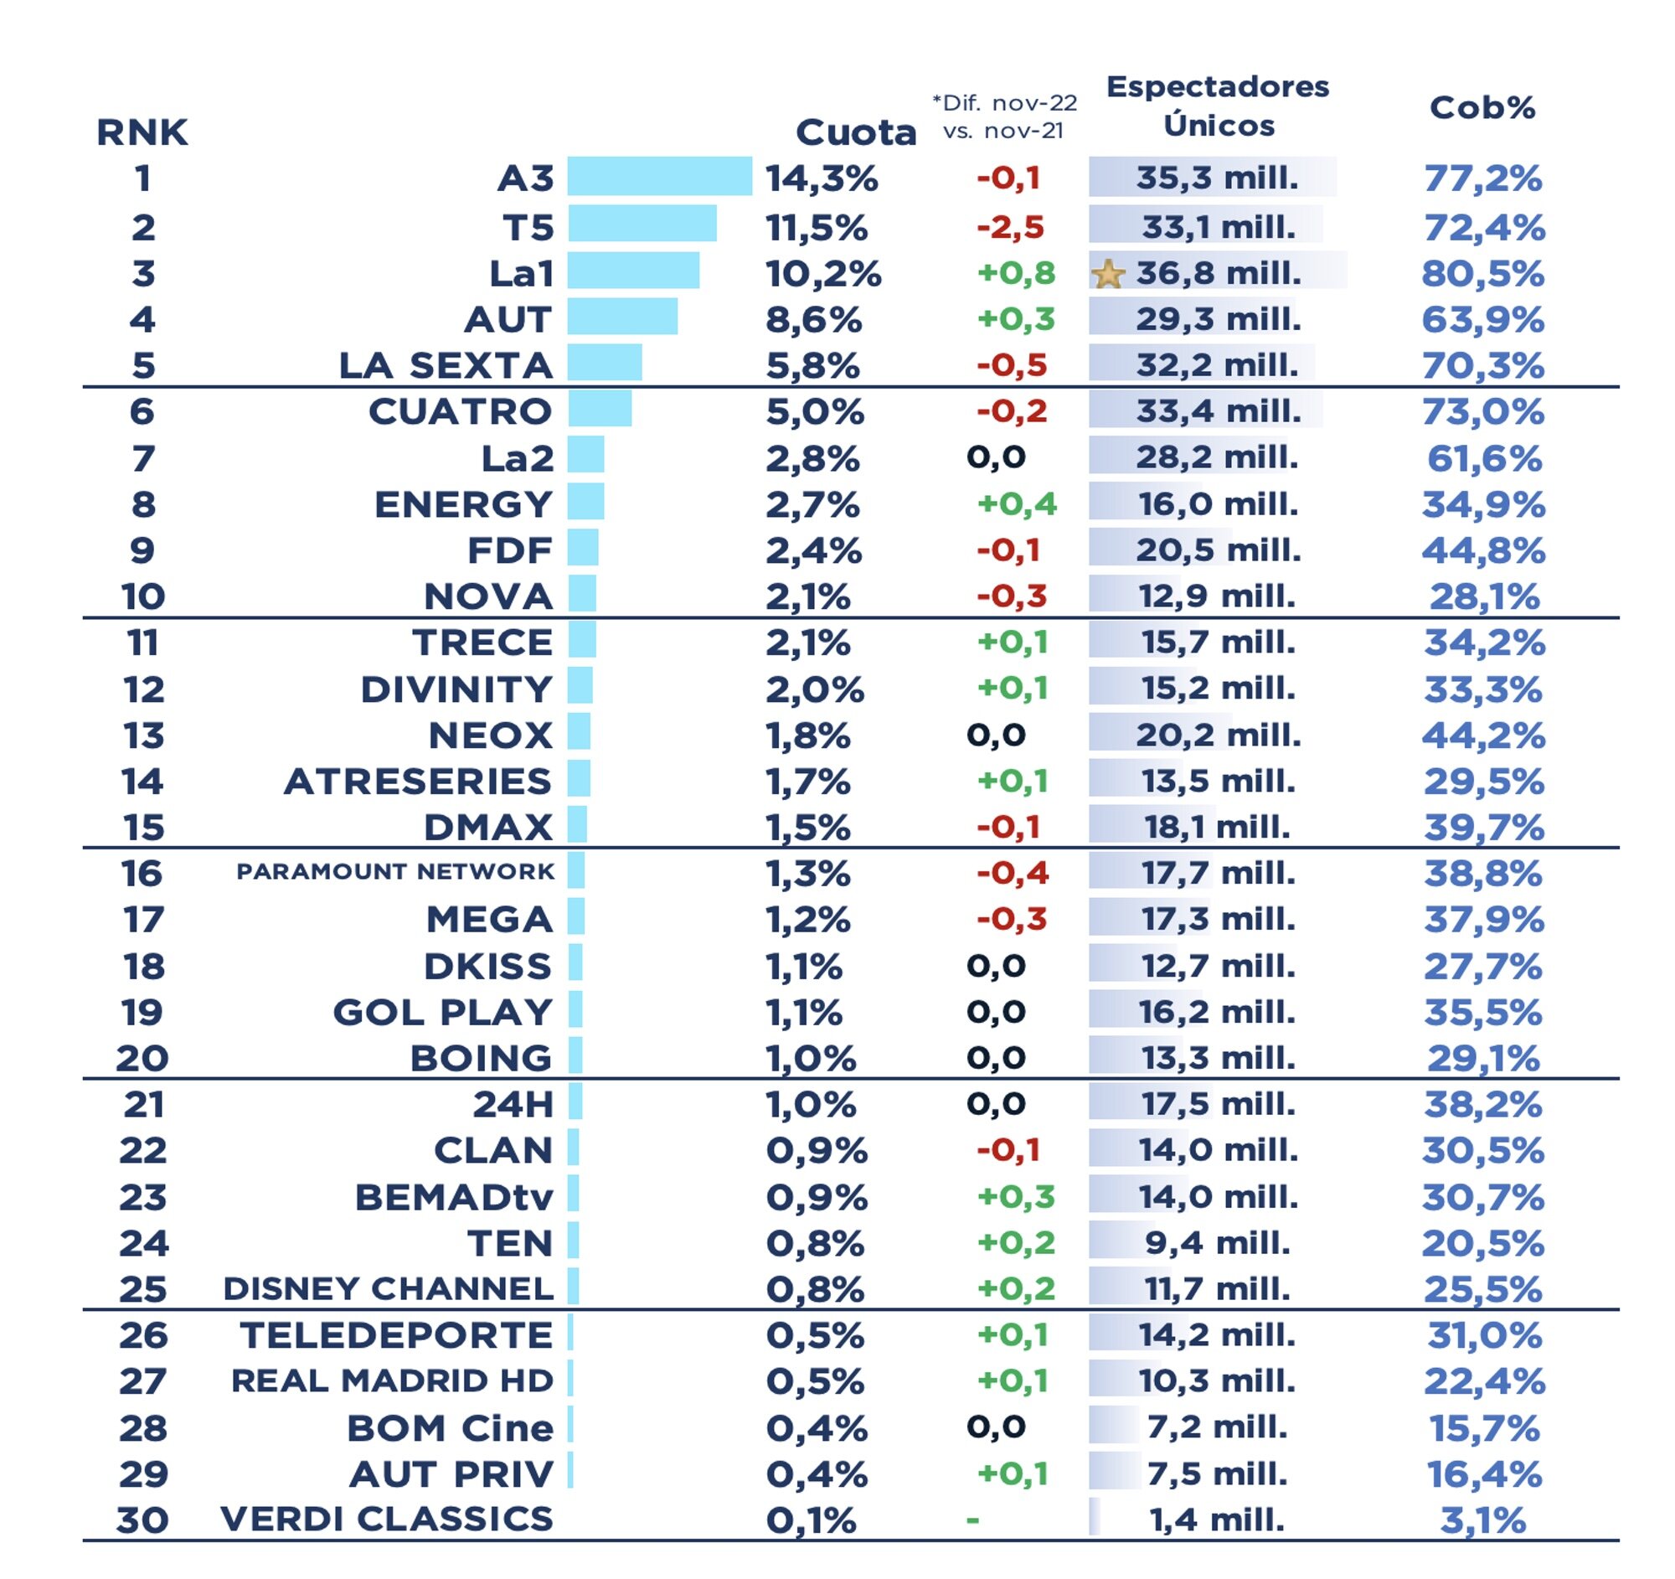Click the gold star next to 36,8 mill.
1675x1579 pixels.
(1108, 275)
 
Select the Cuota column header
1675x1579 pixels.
(855, 132)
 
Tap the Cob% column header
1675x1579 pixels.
(1482, 108)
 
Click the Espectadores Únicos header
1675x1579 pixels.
(1218, 106)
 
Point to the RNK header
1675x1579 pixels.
(142, 132)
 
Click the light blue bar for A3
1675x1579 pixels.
(659, 176)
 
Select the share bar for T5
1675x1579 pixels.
(642, 224)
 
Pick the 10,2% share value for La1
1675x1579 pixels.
(822, 274)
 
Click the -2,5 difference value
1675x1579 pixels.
(1009, 228)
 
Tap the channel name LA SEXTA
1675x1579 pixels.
(446, 366)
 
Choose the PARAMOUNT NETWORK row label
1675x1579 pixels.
(395, 871)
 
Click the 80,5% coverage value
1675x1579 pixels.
(1482, 274)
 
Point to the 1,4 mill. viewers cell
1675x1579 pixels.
(1217, 1520)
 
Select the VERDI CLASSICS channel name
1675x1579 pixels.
(387, 1520)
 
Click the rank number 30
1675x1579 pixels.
(142, 1520)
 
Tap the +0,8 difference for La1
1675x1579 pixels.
(1015, 274)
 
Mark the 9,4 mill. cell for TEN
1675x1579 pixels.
(1217, 1243)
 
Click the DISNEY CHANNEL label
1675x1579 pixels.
(389, 1289)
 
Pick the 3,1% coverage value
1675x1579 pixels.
(1482, 1521)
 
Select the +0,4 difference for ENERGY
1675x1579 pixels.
(1016, 505)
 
